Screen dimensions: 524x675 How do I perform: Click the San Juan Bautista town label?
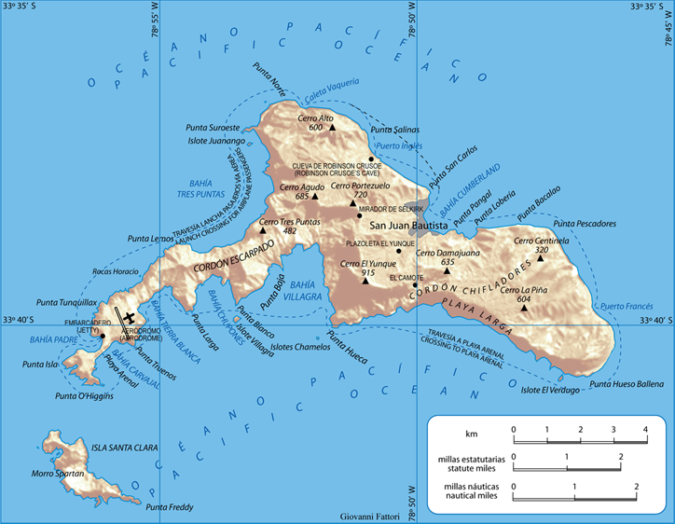coord(409,226)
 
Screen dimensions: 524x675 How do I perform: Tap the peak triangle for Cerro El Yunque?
coord(365,280)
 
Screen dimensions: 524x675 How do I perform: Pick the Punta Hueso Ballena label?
coord(627,384)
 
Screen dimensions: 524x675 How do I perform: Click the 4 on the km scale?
coord(645,428)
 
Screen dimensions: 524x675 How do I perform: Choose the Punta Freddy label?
coord(170,507)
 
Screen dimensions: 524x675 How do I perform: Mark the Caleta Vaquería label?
coord(331,84)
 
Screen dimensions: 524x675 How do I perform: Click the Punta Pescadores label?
coord(585,224)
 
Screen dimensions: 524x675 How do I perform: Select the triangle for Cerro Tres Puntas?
coord(264,231)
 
